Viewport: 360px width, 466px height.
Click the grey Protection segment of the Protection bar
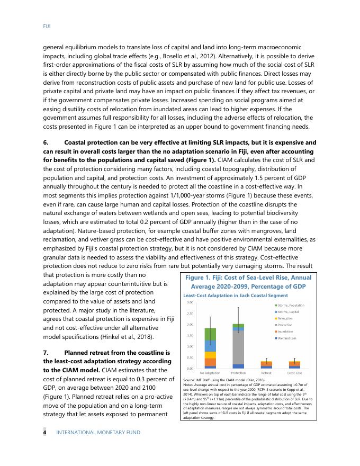pyautogui.click(x=238, y=347)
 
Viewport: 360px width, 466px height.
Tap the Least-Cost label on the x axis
pyautogui.click(x=294, y=373)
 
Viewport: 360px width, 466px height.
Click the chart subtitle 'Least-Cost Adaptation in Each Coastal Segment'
pyautogui.click(x=235, y=295)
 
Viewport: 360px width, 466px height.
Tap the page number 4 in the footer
pyautogui.click(x=45, y=433)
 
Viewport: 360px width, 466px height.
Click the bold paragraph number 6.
pyautogui.click(x=45, y=143)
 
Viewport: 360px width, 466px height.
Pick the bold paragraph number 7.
pyautogui.click(x=45, y=352)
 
